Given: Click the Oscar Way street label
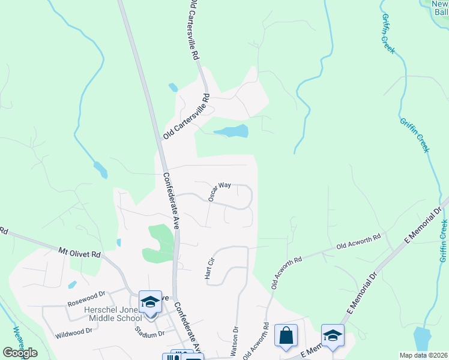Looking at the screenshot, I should (220, 191).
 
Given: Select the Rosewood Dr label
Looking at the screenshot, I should (88, 294).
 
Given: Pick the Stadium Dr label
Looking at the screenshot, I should (149, 332).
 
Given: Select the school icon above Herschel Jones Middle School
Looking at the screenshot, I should (150, 302).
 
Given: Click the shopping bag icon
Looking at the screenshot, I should (286, 335).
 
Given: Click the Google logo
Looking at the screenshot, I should (20, 353).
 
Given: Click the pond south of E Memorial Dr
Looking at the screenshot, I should (423, 339).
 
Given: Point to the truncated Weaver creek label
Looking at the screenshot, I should (19, 340).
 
